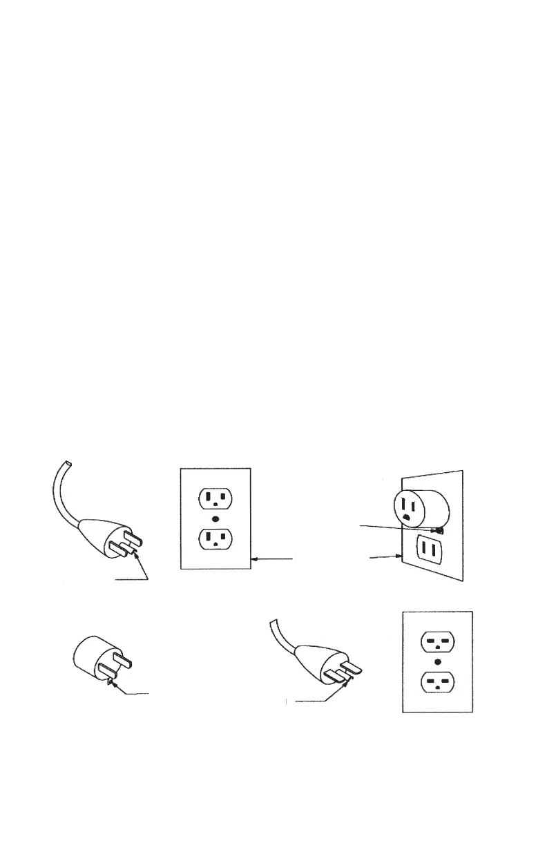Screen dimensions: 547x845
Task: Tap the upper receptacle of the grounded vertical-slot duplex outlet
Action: tap(215, 498)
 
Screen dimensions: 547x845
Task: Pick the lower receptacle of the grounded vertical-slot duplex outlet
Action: tap(215, 539)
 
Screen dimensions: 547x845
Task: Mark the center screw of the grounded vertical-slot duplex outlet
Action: tap(215, 518)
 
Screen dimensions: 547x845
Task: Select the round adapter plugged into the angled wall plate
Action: tap(420, 509)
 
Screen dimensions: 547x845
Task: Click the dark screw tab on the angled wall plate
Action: tap(439, 531)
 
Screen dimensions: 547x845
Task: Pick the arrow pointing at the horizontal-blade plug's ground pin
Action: tap(325, 697)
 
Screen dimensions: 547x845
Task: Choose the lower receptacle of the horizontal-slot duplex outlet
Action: tap(437, 684)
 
